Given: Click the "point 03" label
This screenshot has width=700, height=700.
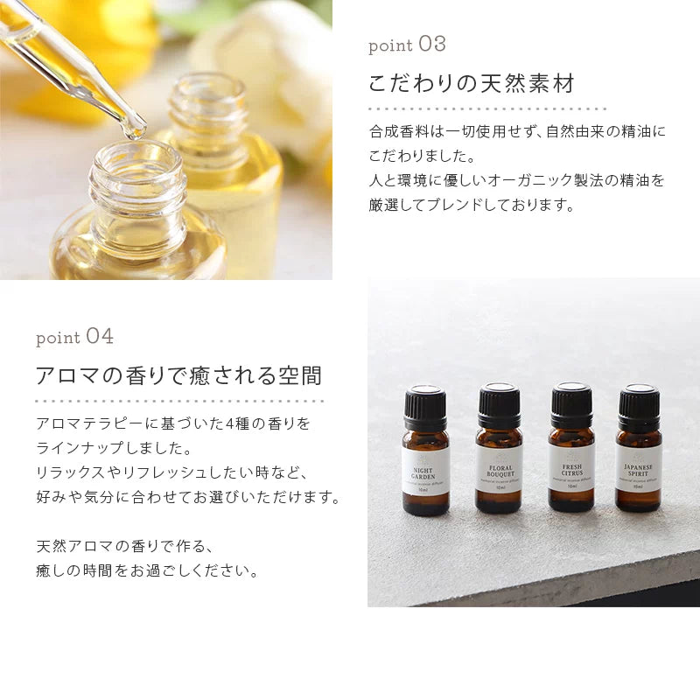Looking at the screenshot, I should coord(407,45).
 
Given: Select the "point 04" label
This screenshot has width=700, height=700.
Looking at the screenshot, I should coord(74,337).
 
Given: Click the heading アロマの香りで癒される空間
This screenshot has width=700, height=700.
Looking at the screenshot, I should coord(178,376).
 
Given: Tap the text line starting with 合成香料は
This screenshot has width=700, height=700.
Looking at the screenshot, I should coord(516,132).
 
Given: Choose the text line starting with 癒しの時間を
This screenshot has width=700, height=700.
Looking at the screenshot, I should coord(148,571).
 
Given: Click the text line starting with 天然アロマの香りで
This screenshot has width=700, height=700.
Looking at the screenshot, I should coord(125,547).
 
